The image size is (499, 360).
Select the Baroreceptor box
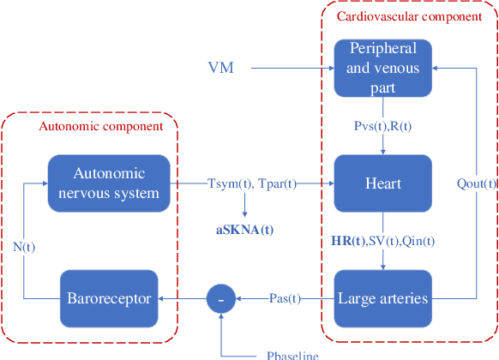109,298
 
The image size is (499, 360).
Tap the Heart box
382,183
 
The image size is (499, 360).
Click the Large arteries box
382,298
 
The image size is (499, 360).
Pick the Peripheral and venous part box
382,66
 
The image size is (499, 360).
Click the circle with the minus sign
221,298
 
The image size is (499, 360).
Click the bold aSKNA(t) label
244,231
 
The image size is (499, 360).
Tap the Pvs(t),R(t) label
382,127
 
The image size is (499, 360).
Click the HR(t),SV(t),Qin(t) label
382,242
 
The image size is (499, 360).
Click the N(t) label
23,245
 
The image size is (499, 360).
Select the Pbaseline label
292,355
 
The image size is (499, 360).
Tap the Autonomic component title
101,127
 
